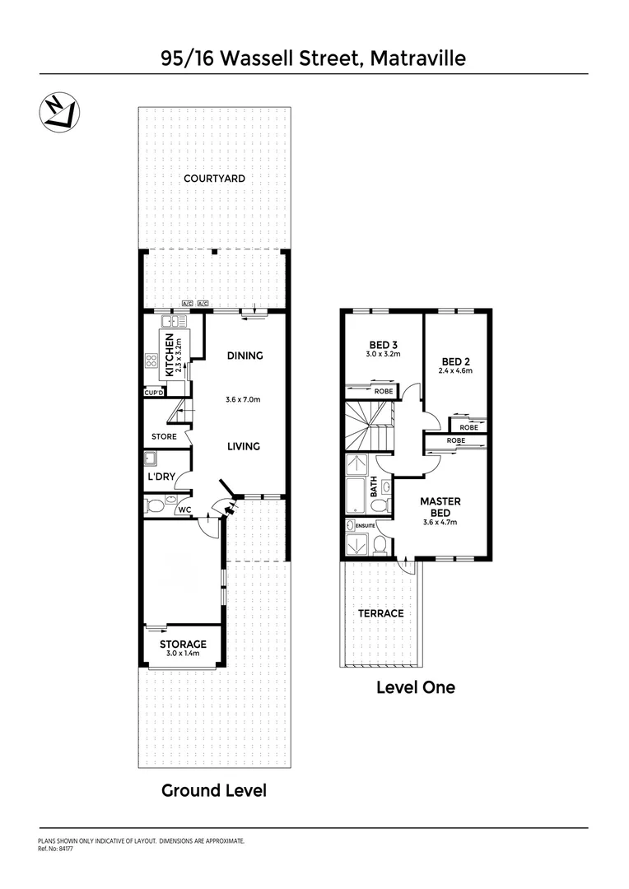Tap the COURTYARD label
[x=214, y=179]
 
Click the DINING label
[x=245, y=356]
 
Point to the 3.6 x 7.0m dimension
[x=243, y=400]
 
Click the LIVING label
[x=244, y=446]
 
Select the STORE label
[x=164, y=436]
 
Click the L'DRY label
[x=161, y=477]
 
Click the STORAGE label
[x=183, y=644]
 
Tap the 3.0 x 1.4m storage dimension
[x=183, y=654]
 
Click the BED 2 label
[x=455, y=361]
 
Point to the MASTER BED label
[x=440, y=506]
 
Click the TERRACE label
[x=380, y=613]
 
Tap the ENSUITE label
[x=366, y=524]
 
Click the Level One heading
[x=415, y=687]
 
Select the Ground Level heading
[x=213, y=790]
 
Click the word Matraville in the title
[x=417, y=58]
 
